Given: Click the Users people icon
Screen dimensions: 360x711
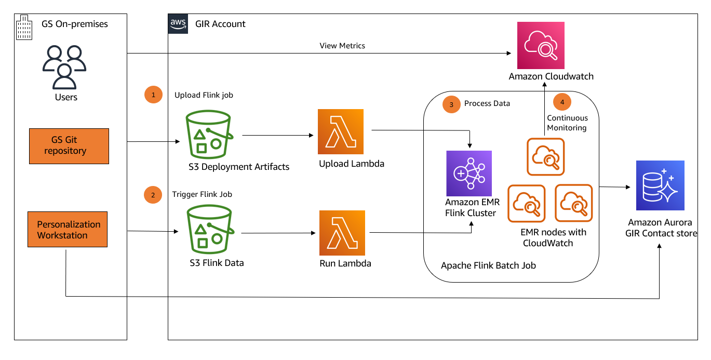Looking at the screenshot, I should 64,67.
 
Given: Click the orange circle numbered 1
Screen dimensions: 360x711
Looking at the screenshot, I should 153,95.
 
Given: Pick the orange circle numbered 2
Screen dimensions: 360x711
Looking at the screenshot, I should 153,195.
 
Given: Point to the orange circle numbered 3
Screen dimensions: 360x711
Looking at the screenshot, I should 451,104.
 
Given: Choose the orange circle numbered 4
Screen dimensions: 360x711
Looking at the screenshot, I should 562,102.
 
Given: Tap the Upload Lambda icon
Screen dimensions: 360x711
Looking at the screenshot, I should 341,131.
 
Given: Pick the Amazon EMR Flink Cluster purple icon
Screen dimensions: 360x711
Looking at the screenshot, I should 468,173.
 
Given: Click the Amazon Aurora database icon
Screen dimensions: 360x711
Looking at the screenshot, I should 660,185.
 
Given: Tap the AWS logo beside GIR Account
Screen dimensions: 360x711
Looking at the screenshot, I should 178,24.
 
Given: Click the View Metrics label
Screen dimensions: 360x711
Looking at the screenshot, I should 342,46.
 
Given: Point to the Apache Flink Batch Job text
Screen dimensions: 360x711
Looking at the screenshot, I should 488,265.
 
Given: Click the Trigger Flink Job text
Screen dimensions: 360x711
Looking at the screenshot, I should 202,194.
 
